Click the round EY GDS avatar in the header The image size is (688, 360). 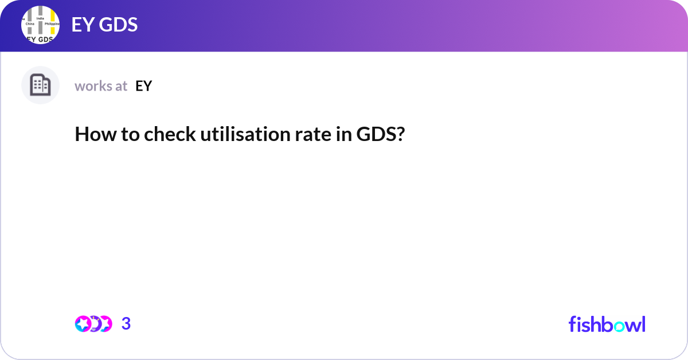click(x=40, y=25)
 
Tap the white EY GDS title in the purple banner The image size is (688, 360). click(x=104, y=25)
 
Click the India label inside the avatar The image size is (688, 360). click(x=40, y=18)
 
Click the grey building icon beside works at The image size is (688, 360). click(x=40, y=85)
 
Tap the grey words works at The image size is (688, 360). click(x=101, y=86)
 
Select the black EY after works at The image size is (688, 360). click(x=143, y=86)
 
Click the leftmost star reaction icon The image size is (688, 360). click(x=83, y=324)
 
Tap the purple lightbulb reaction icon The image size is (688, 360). click(x=93, y=324)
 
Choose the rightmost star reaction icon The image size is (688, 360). click(x=104, y=324)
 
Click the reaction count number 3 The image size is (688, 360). click(x=126, y=324)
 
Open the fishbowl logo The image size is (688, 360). click(x=607, y=324)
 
